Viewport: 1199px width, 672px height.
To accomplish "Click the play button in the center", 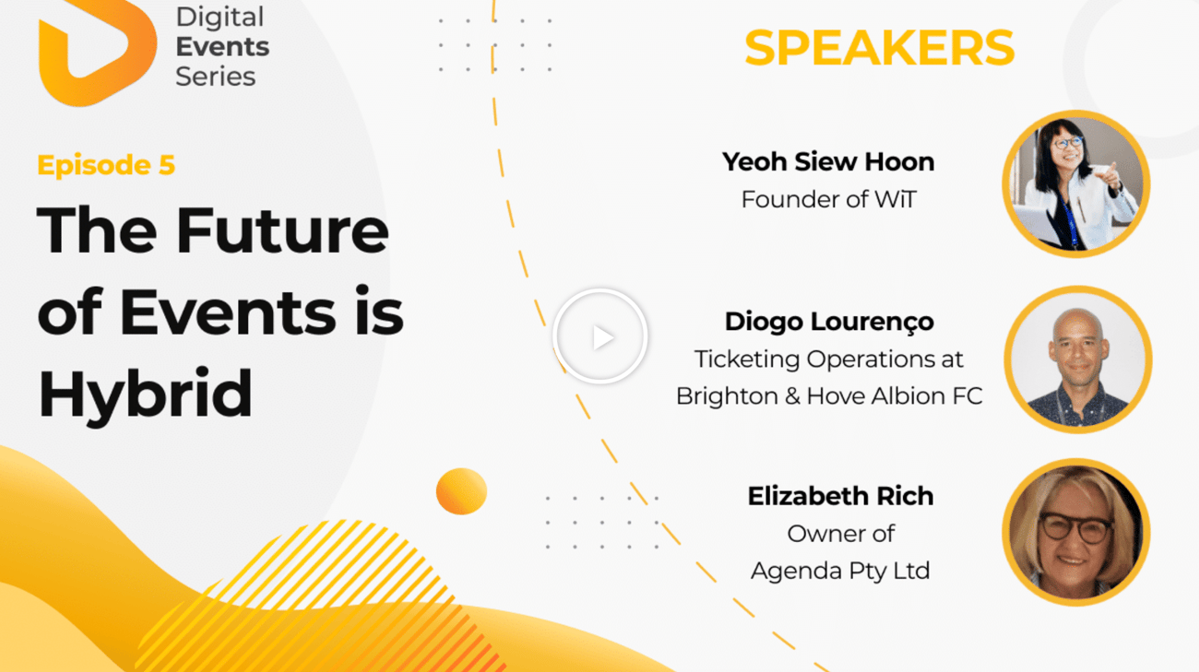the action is tap(600, 336).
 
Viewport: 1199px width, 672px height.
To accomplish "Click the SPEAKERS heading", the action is tap(880, 48).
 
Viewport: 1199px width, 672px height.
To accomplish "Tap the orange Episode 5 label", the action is tap(106, 165).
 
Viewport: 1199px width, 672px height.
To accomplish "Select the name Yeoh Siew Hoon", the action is tap(828, 161).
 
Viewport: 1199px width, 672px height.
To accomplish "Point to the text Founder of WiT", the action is tap(828, 199).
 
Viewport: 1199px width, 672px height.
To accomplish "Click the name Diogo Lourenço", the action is tap(829, 322).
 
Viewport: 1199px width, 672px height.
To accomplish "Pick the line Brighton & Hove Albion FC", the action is tap(829, 396).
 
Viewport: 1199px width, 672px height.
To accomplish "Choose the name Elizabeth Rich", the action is tap(840, 496).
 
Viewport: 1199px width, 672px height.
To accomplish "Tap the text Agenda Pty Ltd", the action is tap(840, 572).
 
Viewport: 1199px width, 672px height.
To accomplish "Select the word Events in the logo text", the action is tap(222, 47).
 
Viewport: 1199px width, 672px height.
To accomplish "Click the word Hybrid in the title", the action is tap(145, 395).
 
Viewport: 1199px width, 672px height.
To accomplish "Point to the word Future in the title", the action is tap(282, 231).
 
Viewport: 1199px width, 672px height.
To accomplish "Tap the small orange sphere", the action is tap(461, 491).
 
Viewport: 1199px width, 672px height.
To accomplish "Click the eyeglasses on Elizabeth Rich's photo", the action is tap(1076, 527).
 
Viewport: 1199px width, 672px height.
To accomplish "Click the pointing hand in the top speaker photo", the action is tap(1108, 176).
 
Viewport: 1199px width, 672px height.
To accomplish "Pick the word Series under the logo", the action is tap(216, 77).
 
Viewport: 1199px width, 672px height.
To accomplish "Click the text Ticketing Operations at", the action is tap(828, 360).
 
